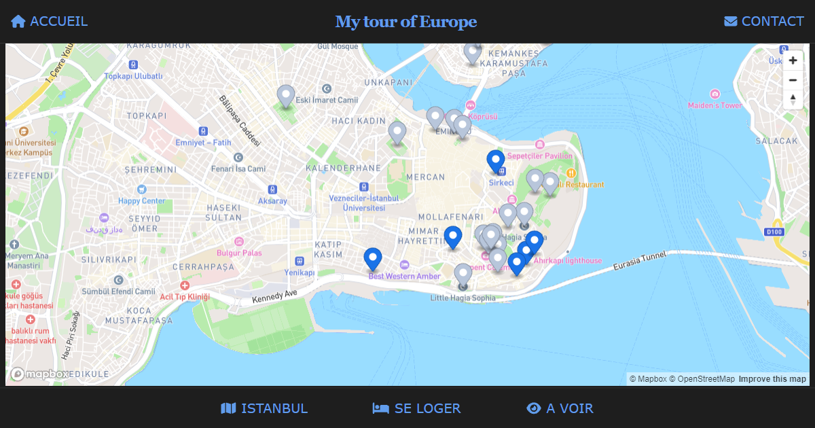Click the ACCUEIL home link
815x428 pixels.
50,21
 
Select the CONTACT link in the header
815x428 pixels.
764,21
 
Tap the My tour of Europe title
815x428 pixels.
406,22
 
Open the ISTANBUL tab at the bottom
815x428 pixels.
264,408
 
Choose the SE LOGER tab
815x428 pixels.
416,408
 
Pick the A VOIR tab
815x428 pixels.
560,408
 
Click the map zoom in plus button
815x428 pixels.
793,60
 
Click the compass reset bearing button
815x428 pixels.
793,100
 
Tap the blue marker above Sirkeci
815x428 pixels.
496,162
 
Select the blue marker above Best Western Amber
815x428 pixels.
373,259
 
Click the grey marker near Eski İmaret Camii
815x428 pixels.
286,96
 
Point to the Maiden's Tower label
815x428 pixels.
714,105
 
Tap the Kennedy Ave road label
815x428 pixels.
275,298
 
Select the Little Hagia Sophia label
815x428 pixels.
463,298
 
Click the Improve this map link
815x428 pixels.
772,379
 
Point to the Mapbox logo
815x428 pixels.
39,374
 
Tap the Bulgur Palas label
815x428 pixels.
239,253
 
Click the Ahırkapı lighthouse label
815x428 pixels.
568,260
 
